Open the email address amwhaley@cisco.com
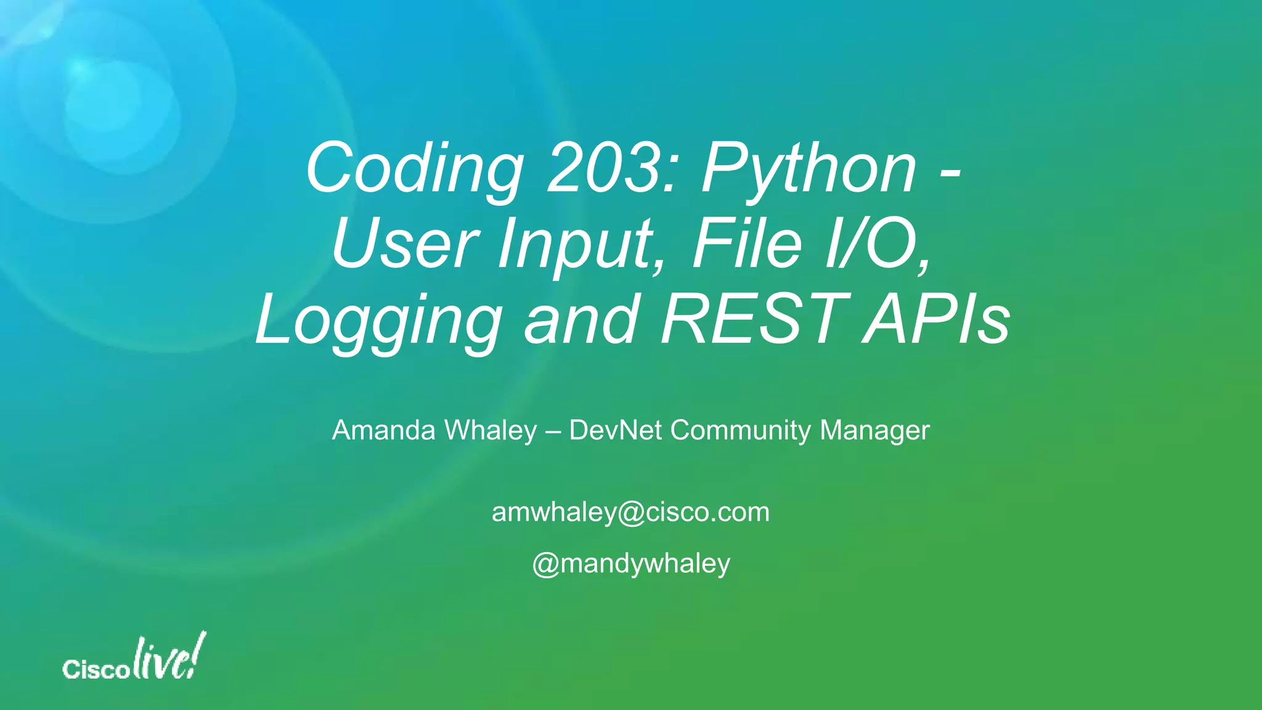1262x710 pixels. pos(630,512)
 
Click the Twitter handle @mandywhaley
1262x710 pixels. pos(631,564)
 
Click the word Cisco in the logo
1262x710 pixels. pos(96,669)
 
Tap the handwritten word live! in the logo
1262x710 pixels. pos(169,657)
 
